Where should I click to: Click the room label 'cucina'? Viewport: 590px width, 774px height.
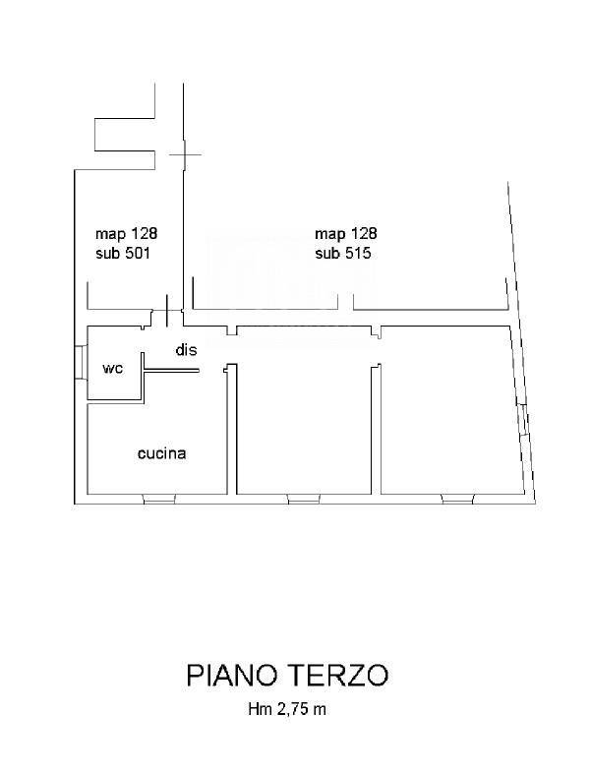[x=161, y=453]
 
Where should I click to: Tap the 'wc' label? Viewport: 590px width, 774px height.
[x=112, y=368]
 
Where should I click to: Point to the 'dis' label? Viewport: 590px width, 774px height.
[x=186, y=349]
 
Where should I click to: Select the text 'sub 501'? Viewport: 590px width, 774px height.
[x=123, y=253]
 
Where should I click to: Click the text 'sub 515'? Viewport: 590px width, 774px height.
[x=342, y=253]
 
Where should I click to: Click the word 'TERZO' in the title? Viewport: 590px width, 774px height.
[x=338, y=675]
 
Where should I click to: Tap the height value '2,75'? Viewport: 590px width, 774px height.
[x=295, y=710]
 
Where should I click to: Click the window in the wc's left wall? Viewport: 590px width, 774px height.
[x=81, y=362]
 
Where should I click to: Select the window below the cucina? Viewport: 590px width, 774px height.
[x=159, y=499]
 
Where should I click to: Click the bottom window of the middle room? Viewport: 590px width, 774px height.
[x=304, y=499]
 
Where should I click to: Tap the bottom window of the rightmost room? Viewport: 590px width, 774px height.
[x=457, y=499]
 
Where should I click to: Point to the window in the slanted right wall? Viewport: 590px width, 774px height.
[x=523, y=420]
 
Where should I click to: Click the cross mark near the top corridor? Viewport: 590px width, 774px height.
[x=185, y=154]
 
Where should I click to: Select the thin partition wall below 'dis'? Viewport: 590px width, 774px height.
[x=171, y=370]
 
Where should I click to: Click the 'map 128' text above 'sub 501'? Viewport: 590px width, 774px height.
[x=126, y=233]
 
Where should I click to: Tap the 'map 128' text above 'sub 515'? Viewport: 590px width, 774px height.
[x=345, y=233]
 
